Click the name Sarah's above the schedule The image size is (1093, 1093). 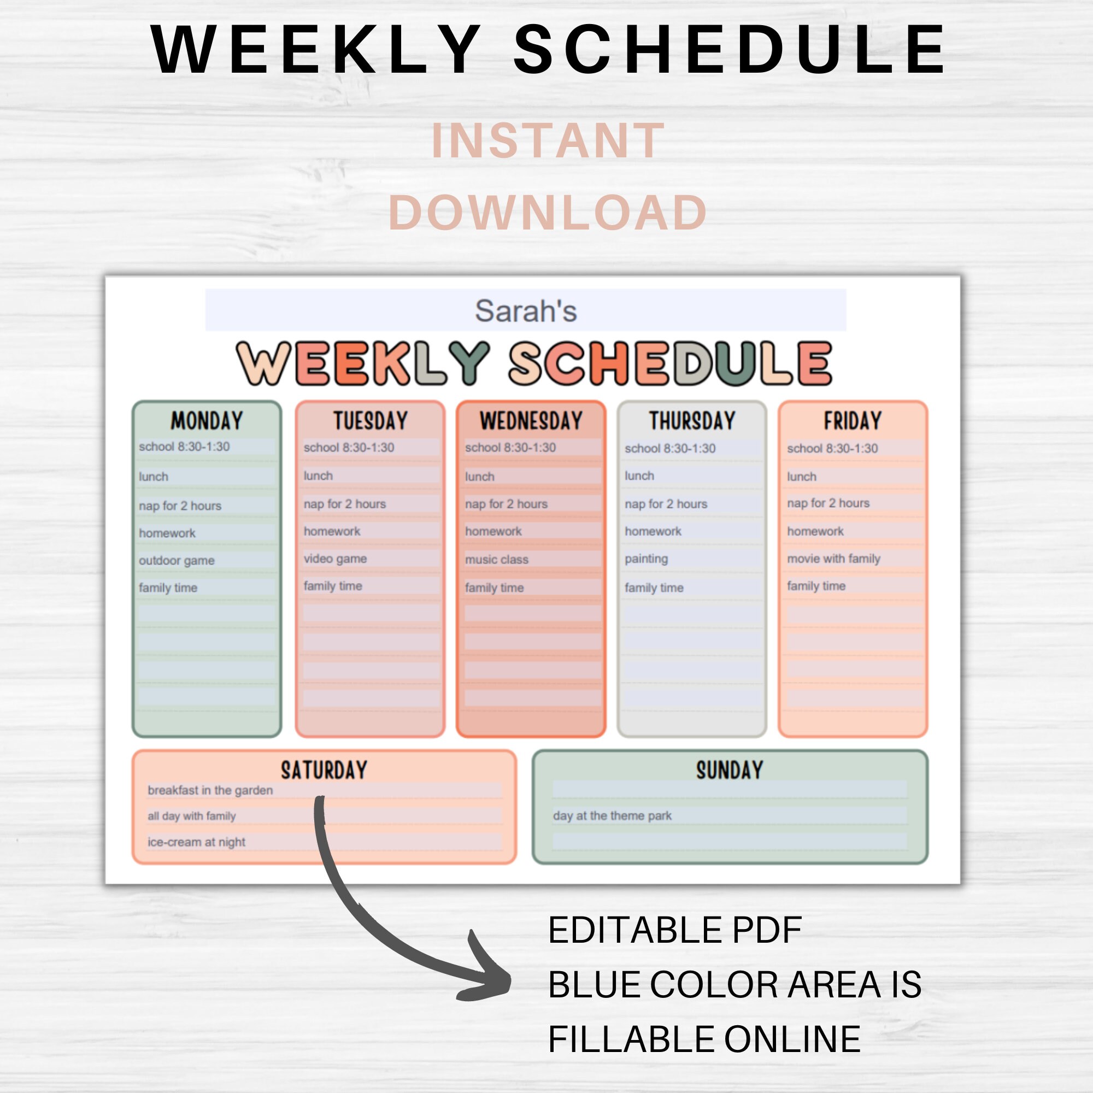525,311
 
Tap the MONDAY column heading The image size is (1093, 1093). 207,421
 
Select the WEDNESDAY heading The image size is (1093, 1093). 531,421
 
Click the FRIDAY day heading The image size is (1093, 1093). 852,421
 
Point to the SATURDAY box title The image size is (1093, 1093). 324,770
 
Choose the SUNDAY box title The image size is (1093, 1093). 729,770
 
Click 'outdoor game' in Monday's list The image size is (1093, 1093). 177,561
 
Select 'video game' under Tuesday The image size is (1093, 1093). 335,559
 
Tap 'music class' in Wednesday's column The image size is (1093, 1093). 496,560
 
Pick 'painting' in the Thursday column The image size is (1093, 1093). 646,559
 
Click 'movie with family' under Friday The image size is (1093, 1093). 833,559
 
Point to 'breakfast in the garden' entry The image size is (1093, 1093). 210,790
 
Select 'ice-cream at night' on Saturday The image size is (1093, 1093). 196,842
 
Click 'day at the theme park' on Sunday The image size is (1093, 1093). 612,816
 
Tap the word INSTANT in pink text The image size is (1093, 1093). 548,140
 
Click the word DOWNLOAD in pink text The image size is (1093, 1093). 548,213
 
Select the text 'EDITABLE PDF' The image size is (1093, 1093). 674,931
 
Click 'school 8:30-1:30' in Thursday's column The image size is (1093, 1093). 670,449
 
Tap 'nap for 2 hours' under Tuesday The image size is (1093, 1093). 344,504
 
